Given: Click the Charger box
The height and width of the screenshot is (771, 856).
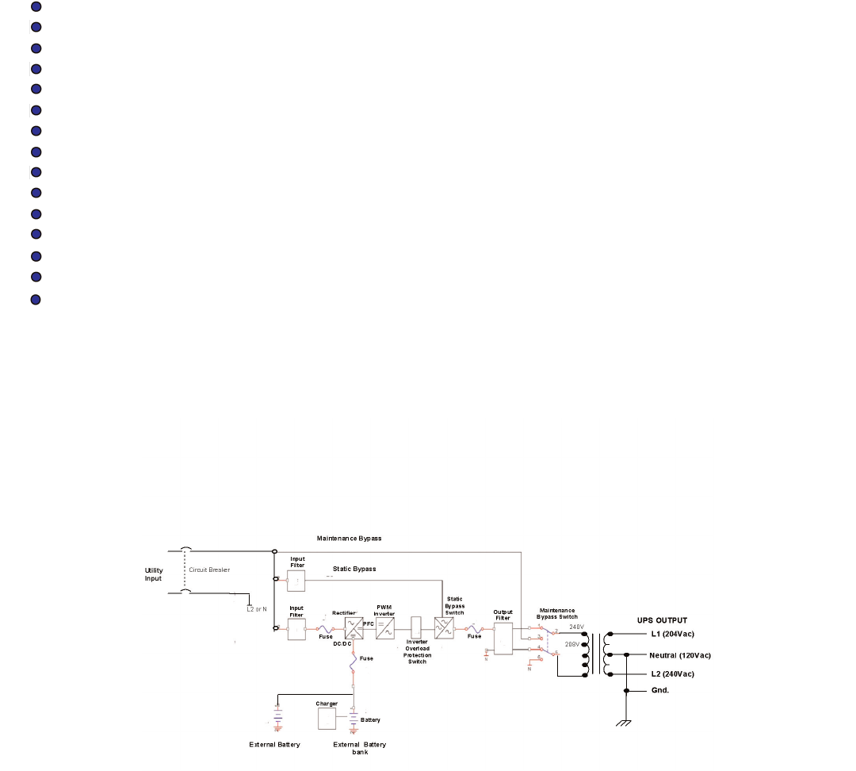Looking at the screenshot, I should tap(327, 719).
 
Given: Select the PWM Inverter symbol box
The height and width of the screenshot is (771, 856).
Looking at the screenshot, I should tap(384, 629).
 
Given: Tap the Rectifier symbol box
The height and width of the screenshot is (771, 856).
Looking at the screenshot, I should tap(353, 629).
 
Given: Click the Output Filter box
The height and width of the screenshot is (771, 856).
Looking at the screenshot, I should tap(503, 639).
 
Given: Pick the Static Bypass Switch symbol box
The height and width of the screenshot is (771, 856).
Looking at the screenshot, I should tap(444, 629).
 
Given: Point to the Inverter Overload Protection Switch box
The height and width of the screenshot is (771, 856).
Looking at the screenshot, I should tap(416, 628).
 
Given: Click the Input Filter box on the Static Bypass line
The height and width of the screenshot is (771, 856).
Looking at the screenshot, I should tap(296, 580).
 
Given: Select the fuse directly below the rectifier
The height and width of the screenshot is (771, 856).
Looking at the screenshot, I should tap(353, 669).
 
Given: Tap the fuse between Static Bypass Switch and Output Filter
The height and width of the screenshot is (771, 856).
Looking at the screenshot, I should tap(473, 628).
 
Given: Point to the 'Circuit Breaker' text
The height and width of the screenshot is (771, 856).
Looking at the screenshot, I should tap(209, 570).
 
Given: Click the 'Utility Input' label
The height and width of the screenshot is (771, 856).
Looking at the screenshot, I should tap(154, 574).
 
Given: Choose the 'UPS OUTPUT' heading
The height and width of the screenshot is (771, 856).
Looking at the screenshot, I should tap(662, 619).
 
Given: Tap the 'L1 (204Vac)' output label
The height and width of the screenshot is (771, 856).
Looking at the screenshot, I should tap(671, 635).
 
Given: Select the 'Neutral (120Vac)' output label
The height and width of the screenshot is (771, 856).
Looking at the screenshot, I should tap(680, 655).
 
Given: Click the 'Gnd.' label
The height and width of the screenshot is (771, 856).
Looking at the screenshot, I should tap(660, 690).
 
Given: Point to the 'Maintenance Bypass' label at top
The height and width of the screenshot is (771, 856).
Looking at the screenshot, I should tap(349, 539).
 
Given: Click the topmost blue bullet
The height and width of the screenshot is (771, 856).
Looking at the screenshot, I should tap(36, 6).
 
